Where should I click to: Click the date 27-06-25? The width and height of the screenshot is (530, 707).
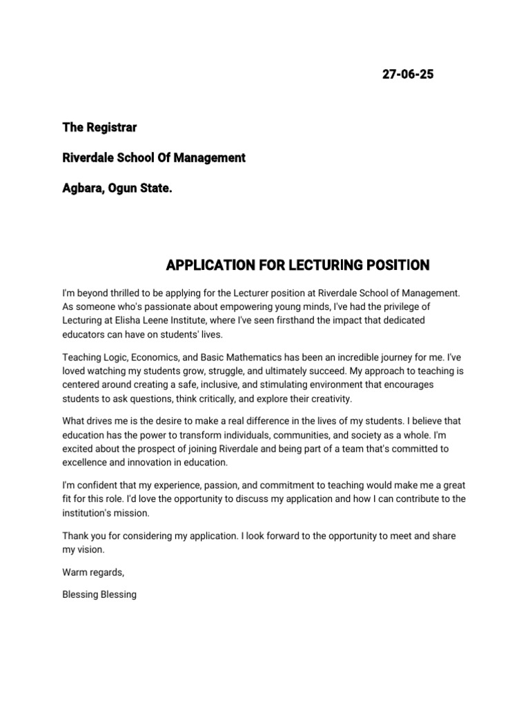pos(408,75)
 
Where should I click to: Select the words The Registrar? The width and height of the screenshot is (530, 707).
pos(99,128)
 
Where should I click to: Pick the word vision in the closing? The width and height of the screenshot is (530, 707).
pos(93,550)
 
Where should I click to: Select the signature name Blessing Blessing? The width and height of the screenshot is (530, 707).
pos(99,594)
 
